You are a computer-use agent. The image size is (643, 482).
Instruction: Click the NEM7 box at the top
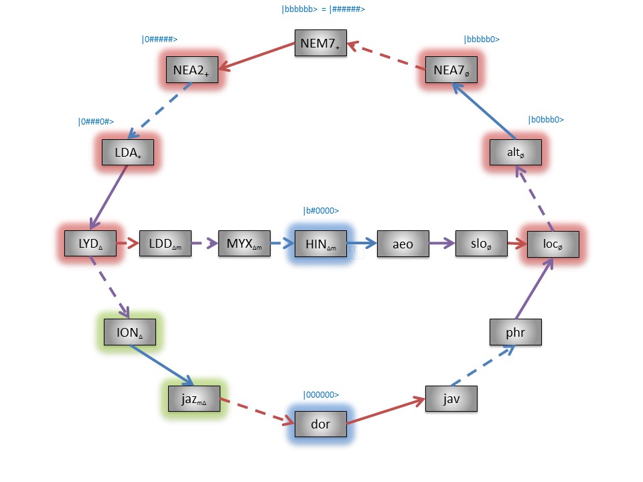tap(321, 44)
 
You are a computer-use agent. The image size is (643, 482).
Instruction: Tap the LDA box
tap(128, 152)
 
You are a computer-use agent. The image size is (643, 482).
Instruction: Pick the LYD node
tap(90, 243)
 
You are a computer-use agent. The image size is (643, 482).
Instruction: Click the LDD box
tap(165, 244)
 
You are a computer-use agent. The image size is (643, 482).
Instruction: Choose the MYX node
tap(244, 244)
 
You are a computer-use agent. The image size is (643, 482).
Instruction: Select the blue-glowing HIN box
tap(321, 244)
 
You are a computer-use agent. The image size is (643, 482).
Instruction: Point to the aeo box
tap(403, 244)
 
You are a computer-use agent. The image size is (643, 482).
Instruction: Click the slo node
tap(481, 244)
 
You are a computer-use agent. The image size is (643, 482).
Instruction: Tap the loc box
tap(553, 244)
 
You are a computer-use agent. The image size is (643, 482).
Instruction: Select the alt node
tap(516, 153)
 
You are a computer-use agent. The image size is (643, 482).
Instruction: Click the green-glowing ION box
tap(131, 331)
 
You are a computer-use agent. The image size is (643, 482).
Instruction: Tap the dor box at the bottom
tap(321, 423)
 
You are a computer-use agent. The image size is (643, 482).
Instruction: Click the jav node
tap(451, 400)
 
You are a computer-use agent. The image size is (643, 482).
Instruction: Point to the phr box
tap(515, 331)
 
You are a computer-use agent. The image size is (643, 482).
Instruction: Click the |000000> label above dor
tap(321, 395)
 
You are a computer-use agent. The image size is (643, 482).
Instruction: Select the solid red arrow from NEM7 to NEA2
tap(258, 56)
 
